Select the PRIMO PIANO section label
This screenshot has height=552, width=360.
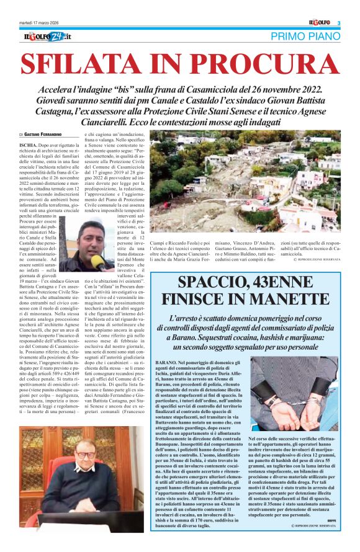coord(307,37)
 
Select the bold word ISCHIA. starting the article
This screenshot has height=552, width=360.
coord(30,144)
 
